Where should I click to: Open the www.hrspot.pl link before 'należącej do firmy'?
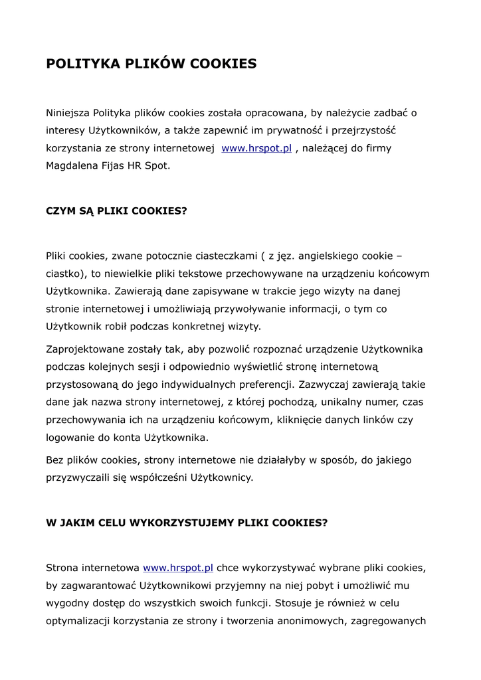click(x=256, y=148)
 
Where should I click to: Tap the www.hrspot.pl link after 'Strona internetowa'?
click(x=178, y=568)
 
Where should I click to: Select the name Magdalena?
click(x=70, y=165)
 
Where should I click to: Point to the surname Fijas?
click(x=111, y=165)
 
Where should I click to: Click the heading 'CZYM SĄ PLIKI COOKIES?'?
click(x=116, y=211)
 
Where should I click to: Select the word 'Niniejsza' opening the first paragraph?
click(x=68, y=113)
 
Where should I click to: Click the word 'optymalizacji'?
click(x=77, y=621)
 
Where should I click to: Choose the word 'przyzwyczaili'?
click(x=77, y=477)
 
